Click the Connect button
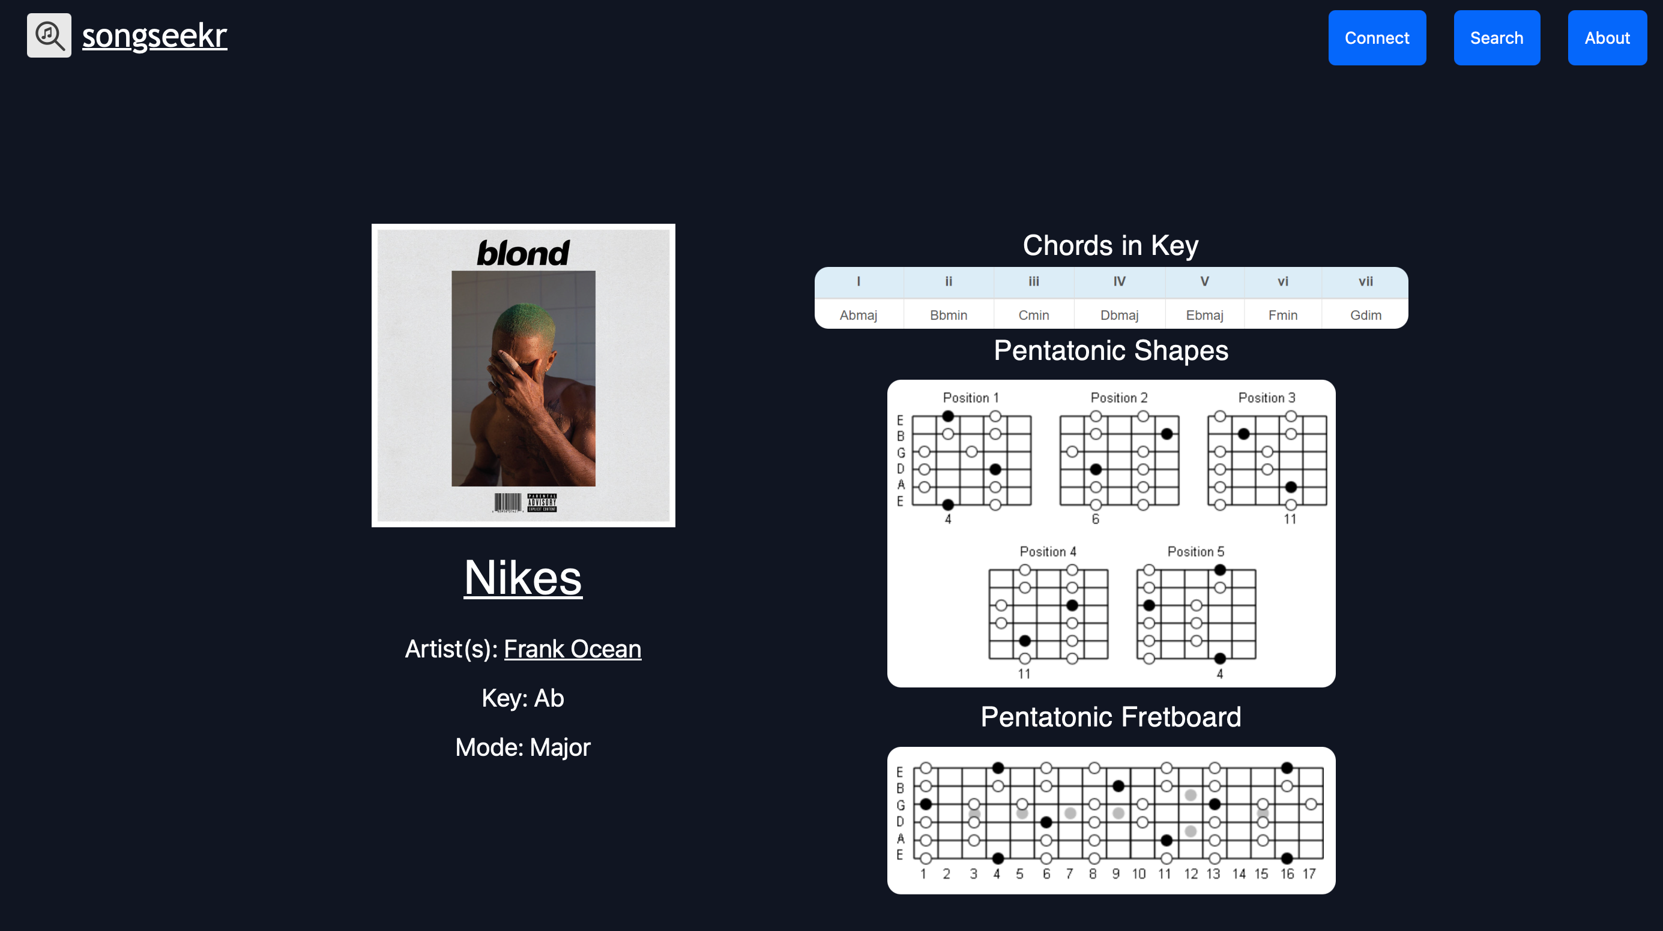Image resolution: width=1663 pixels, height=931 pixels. [1377, 37]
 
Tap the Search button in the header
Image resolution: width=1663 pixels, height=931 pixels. [1497, 37]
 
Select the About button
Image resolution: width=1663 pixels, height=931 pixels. [1607, 37]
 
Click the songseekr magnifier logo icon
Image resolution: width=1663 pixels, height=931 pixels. [49, 35]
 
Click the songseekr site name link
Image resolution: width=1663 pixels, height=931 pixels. [154, 35]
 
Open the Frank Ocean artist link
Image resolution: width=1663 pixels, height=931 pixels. [572, 648]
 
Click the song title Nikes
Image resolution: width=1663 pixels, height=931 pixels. [523, 578]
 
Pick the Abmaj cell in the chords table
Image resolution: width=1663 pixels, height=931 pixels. [858, 315]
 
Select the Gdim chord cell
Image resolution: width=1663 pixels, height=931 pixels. [1365, 315]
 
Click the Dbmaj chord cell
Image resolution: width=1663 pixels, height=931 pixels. [1119, 315]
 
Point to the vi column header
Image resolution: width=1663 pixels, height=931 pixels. [1282, 281]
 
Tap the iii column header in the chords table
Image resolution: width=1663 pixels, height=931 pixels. [1034, 281]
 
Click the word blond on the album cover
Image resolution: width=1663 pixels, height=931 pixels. [523, 253]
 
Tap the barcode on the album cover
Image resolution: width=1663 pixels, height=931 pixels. [507, 503]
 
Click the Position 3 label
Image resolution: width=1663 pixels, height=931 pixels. [1266, 398]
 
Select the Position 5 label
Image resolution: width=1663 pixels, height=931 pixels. [1195, 552]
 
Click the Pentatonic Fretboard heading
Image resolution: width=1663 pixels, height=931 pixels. [1111, 717]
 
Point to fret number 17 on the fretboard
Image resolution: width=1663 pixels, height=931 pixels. [1309, 873]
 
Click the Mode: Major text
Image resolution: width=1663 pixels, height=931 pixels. [523, 747]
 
